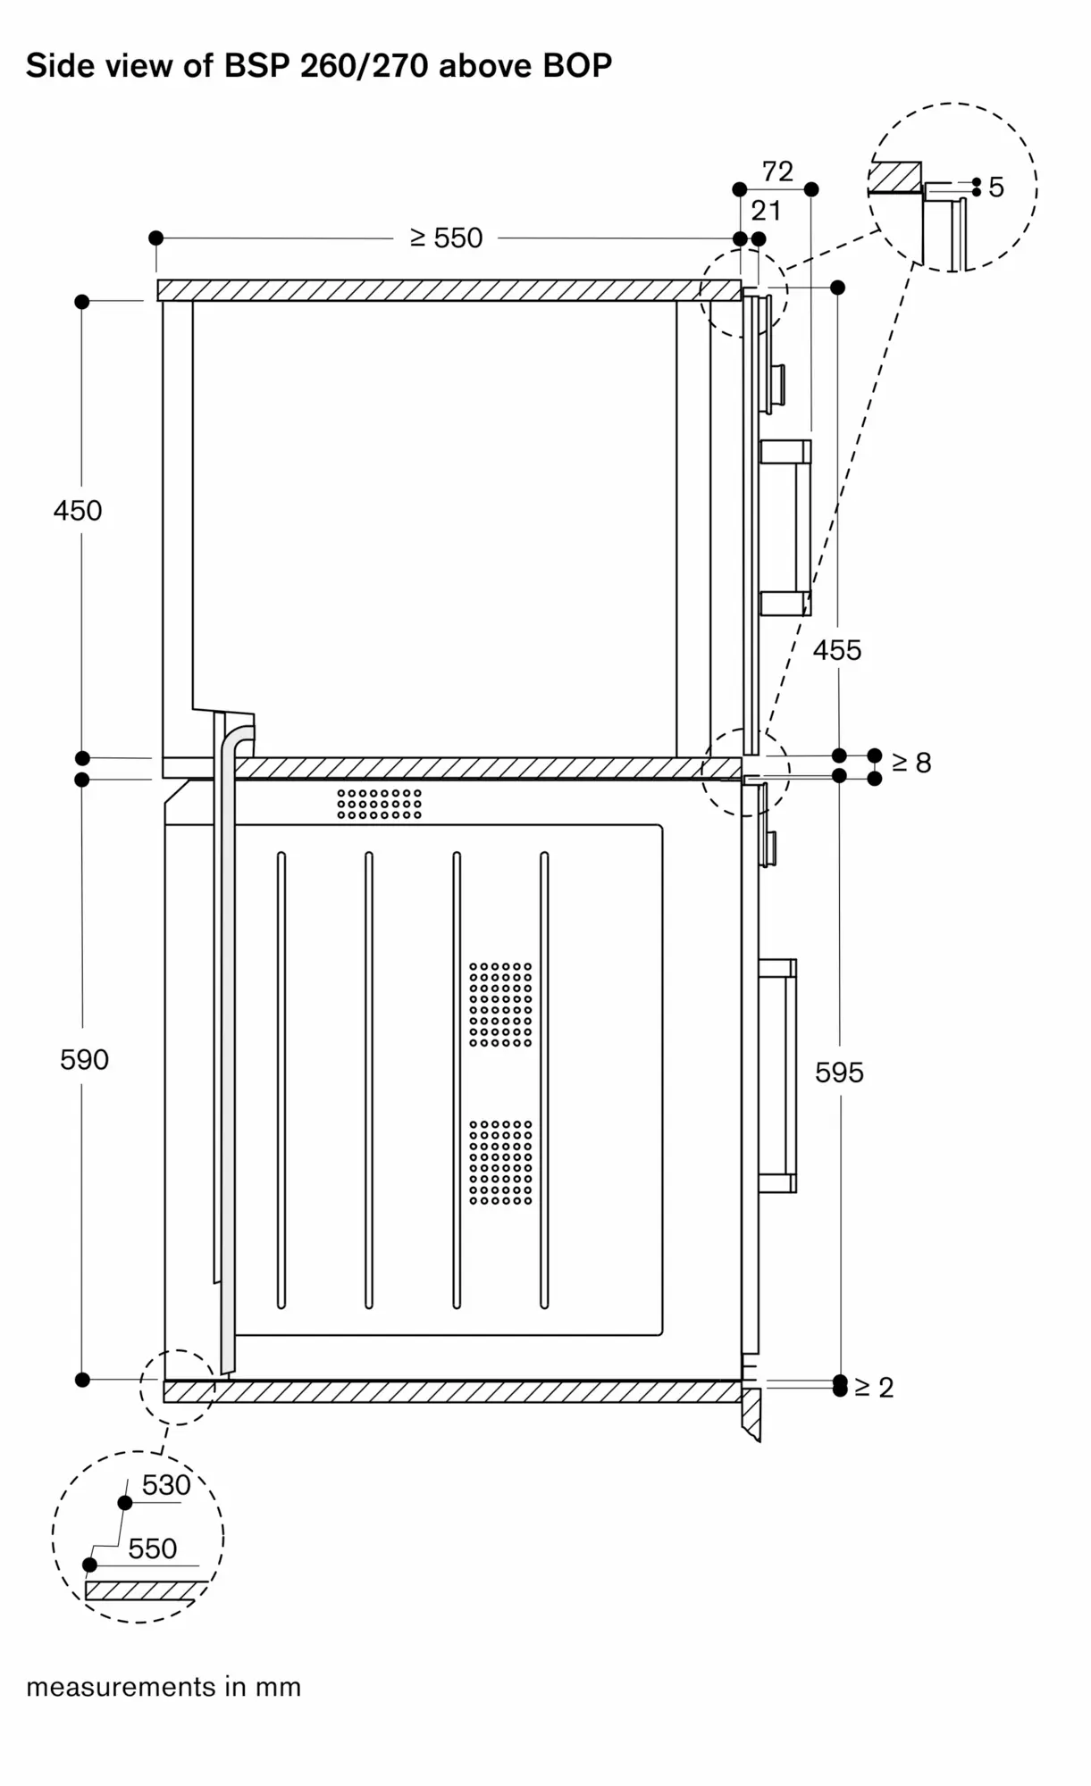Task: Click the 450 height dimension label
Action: (x=78, y=511)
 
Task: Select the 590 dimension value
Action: (x=84, y=1059)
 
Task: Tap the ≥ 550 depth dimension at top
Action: (x=446, y=238)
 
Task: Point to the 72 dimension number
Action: (x=777, y=171)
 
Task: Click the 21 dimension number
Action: (x=766, y=211)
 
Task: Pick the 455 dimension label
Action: (x=836, y=650)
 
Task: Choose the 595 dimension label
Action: (x=839, y=1072)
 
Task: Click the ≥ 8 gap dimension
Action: (x=911, y=763)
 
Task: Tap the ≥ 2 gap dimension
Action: (x=874, y=1387)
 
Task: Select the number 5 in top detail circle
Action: (x=996, y=188)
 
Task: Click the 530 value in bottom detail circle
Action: (x=166, y=1485)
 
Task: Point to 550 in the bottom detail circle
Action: (x=152, y=1548)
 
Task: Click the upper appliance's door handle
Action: (x=786, y=527)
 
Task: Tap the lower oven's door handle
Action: (x=778, y=1075)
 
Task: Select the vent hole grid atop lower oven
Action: (x=379, y=803)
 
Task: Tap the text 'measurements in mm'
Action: (x=164, y=1687)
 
